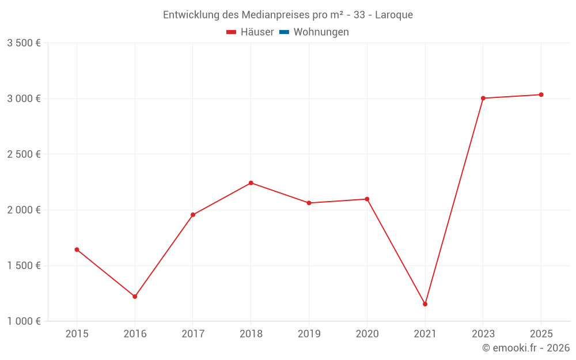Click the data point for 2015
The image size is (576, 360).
coord(77,249)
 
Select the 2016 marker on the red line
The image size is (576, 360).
coord(135,297)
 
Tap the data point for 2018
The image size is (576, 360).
coord(251,183)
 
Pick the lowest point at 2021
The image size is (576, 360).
coord(425,304)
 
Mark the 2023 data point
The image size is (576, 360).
coord(483,98)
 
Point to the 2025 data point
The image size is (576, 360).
coord(541,94)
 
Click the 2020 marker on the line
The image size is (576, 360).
coord(367,199)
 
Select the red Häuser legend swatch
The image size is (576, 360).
coord(232,32)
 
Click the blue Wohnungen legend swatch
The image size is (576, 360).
coord(284,32)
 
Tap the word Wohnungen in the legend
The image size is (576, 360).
coord(321,32)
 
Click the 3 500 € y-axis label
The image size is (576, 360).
coord(24,43)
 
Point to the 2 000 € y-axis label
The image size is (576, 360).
coord(24,210)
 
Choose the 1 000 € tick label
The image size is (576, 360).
coord(24,321)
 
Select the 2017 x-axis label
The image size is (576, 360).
coord(193,334)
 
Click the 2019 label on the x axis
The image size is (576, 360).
coord(309,334)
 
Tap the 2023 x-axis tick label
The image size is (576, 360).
coord(483,334)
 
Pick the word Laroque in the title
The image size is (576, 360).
coord(394,15)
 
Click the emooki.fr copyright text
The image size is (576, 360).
coord(526,348)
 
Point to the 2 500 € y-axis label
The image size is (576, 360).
coord(24,154)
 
